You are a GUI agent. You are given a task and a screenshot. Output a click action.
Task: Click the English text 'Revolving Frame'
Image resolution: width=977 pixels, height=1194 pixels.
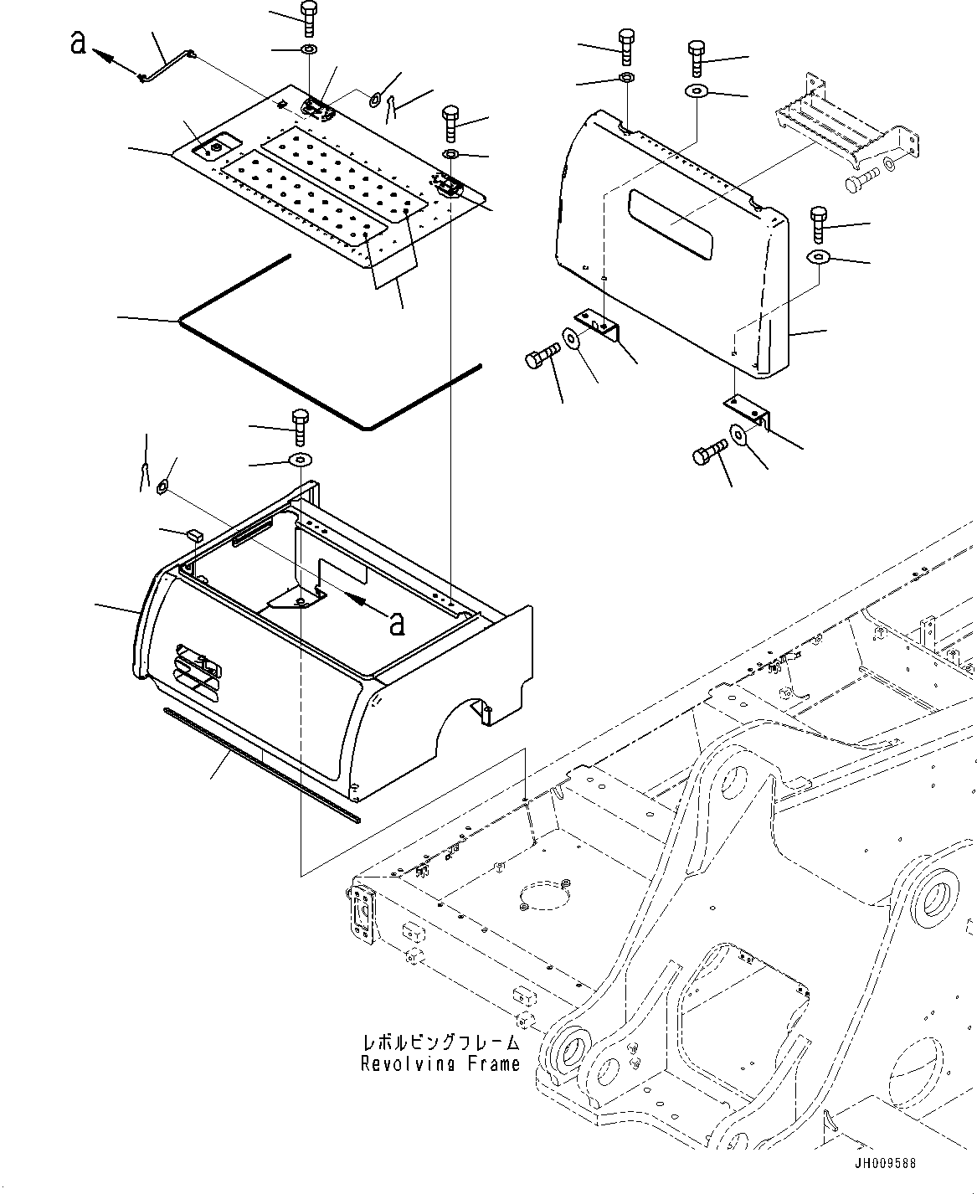click(x=440, y=1064)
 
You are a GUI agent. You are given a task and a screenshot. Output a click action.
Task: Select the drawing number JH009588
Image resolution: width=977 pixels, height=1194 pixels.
click(x=885, y=1164)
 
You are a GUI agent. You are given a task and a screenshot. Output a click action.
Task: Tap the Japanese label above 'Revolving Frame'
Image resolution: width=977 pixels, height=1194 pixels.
click(x=440, y=1043)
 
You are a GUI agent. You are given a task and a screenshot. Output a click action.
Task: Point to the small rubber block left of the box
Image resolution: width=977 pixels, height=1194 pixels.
click(x=195, y=533)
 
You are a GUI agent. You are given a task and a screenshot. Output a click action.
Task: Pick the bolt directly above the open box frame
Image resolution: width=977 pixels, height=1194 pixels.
click(x=299, y=427)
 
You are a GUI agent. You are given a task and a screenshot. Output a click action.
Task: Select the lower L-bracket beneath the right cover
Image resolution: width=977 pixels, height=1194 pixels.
click(x=748, y=410)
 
